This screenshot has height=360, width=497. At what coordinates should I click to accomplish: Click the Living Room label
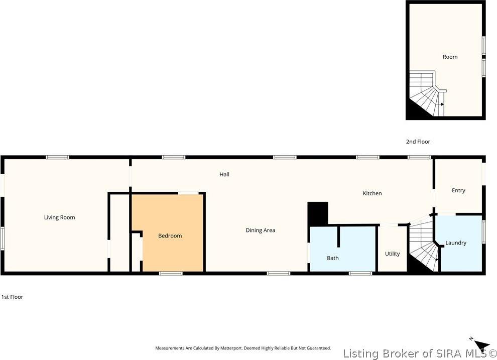[60, 217]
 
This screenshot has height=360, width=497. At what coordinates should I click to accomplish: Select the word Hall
[224, 174]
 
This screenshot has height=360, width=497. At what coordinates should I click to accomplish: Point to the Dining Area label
[261, 230]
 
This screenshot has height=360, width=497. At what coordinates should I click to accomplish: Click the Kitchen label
[372, 193]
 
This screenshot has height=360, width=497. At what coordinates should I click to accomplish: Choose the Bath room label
[333, 258]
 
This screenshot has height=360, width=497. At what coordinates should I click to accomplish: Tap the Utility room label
[393, 254]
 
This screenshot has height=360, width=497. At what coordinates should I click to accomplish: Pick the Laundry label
[456, 243]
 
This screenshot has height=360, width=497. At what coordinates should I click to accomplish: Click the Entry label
[459, 190]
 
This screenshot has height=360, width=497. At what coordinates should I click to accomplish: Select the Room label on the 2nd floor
[450, 57]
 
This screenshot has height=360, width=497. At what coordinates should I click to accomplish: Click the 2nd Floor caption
[418, 142]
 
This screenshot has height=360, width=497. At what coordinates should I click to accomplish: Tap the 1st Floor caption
[13, 297]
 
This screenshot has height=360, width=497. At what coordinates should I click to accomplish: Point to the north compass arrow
[481, 345]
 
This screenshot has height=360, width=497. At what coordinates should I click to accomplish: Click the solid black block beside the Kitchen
[318, 214]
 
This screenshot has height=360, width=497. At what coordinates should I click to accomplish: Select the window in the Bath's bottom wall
[360, 273]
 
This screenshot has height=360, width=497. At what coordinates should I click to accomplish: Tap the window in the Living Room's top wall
[57, 157]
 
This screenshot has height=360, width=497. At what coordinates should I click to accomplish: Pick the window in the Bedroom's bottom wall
[171, 273]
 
